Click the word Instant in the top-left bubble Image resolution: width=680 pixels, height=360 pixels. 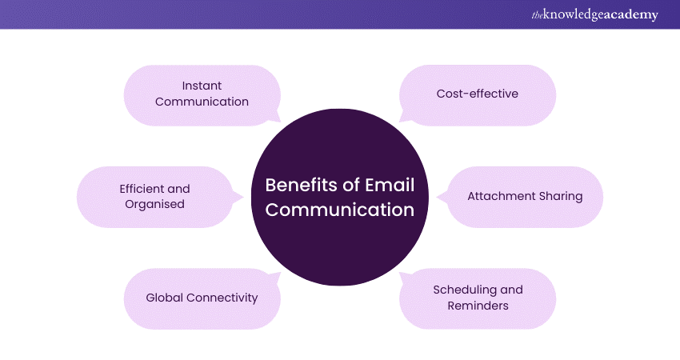pos(202,86)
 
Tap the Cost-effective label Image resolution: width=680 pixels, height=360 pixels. pos(477,94)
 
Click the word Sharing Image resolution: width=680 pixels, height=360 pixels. pos(560,196)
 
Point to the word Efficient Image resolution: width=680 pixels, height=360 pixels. pos(143,189)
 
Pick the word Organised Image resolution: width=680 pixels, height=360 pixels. pos(154,204)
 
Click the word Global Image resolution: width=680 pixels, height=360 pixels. pos(164,298)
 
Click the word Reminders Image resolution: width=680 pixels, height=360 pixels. pos(478,305)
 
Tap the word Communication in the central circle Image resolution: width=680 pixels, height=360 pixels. pos(340,210)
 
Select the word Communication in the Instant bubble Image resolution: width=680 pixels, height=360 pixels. pos(202,102)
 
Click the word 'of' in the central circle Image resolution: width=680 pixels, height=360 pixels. pos(342,186)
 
